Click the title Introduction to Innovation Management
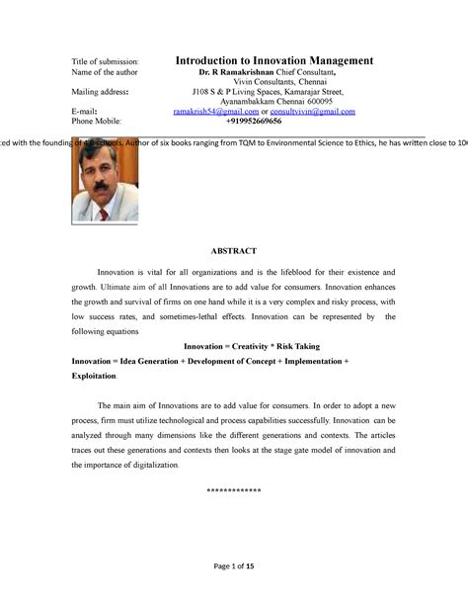coord(273,61)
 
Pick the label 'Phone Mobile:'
coord(101,123)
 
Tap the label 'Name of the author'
coord(105,73)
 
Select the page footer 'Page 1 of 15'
coord(233,565)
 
